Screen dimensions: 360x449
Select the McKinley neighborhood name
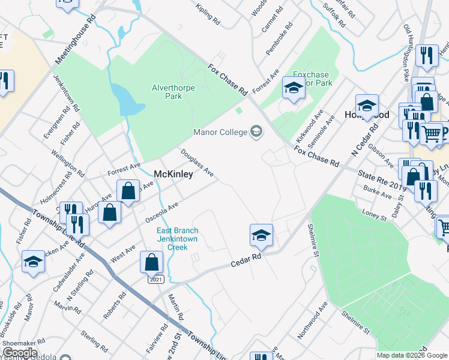(x=174, y=174)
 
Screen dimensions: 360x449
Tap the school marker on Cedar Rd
(x=261, y=235)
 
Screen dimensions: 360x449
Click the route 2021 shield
(x=156, y=279)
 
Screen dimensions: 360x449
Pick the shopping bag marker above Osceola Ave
(x=128, y=191)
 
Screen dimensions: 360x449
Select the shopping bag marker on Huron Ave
(x=109, y=212)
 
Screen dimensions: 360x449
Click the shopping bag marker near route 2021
(x=152, y=262)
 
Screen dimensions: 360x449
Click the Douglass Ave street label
(x=197, y=163)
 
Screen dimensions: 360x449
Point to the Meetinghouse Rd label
(x=75, y=40)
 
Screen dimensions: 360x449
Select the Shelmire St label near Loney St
(x=312, y=239)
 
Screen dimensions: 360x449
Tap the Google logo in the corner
(x=19, y=353)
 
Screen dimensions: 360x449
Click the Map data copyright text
(x=411, y=355)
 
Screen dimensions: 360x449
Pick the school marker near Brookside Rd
(x=34, y=262)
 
